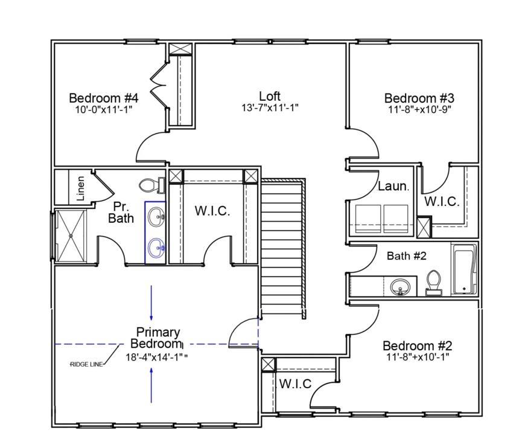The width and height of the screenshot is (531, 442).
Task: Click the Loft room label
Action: (x=270, y=96)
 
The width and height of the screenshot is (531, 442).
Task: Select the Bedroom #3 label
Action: (x=419, y=98)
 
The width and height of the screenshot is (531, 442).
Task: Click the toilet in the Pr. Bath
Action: (x=151, y=185)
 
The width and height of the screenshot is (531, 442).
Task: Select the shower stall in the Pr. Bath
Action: (x=71, y=235)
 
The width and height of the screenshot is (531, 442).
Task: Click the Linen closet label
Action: (x=81, y=188)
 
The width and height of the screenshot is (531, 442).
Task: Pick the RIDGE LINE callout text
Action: (x=86, y=364)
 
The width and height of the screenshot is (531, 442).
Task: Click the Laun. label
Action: (x=393, y=186)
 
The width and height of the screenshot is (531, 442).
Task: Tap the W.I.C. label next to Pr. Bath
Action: (x=212, y=211)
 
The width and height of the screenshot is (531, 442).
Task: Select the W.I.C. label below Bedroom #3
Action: (x=442, y=202)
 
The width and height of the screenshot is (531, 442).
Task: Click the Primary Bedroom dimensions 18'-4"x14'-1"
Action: (x=157, y=357)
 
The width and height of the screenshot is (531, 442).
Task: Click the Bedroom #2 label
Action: (x=417, y=346)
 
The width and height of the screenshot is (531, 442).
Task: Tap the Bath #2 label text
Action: (x=406, y=255)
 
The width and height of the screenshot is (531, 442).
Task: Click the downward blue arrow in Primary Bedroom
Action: (x=151, y=303)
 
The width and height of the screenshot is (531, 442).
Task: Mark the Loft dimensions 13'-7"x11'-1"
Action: (x=270, y=108)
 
